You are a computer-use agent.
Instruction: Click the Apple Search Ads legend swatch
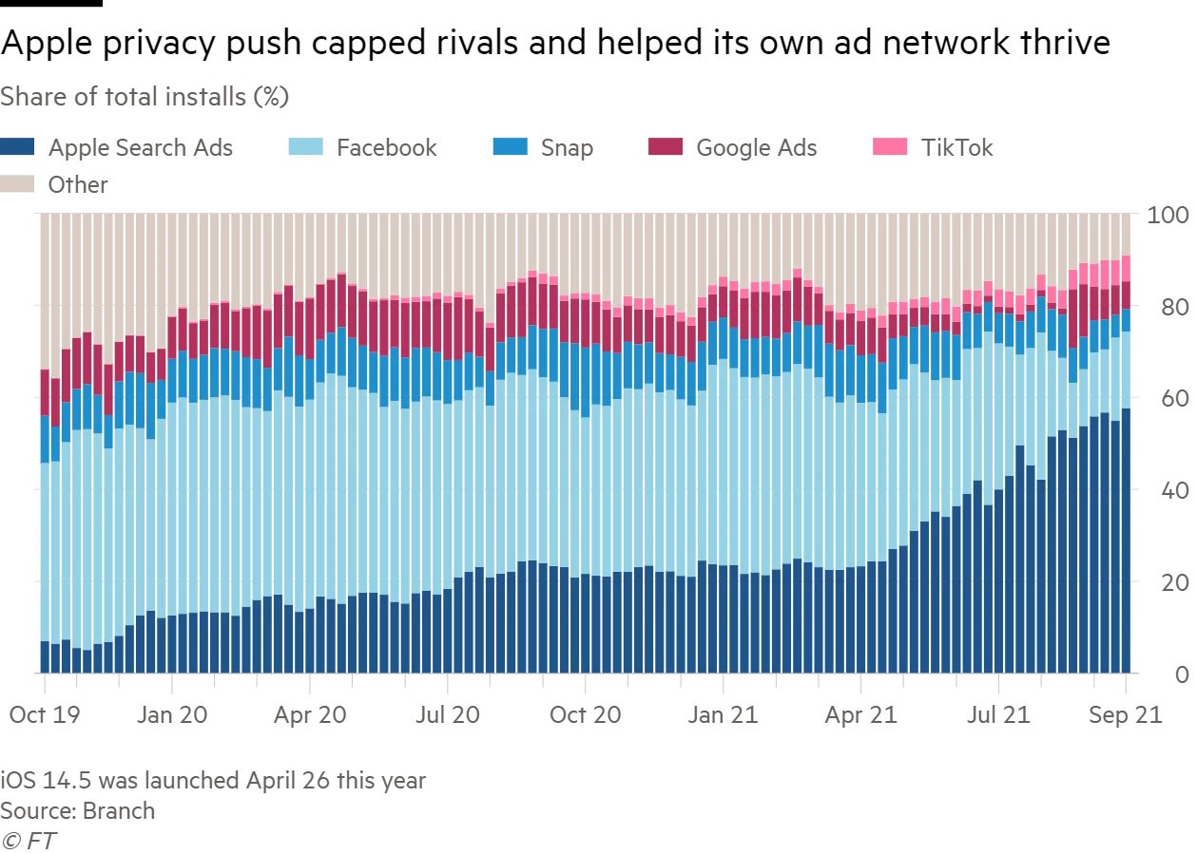[x=18, y=147]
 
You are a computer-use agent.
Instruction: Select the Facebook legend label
[x=386, y=147]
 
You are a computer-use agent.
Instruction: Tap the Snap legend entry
[x=567, y=147]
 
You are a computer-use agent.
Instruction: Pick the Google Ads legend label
[x=756, y=147]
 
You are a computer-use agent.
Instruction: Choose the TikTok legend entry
[x=956, y=147]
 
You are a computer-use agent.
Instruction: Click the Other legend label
[x=78, y=184]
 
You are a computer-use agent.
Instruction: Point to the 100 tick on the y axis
[x=1168, y=215]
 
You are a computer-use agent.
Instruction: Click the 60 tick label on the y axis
[x=1168, y=398]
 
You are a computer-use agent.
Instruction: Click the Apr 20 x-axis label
[x=311, y=714]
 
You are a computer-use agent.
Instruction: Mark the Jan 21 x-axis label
[x=722, y=714]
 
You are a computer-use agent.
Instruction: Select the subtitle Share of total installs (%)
[x=145, y=96]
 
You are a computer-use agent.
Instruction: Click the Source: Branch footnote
[x=77, y=810]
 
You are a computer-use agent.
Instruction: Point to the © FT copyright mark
[x=29, y=840]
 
